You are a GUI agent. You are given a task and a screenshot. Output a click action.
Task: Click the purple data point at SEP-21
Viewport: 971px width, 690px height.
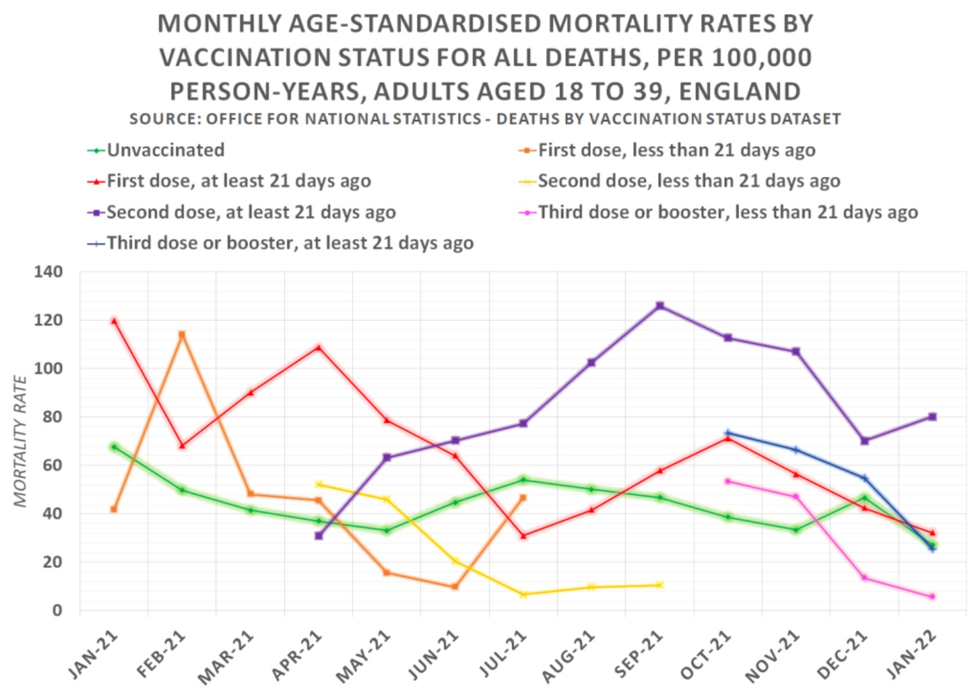660,306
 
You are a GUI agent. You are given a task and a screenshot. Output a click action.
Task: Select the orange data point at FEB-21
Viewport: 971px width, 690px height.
182,334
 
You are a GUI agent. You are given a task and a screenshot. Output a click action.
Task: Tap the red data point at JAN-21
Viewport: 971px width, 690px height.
114,321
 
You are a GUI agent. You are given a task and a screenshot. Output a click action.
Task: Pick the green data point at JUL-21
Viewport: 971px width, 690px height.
523,480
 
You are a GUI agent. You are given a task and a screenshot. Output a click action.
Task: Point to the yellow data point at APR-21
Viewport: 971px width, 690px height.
318,484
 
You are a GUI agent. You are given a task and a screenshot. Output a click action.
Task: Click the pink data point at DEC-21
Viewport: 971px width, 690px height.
864,578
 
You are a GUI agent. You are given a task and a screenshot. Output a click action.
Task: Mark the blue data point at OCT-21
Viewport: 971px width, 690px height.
728,433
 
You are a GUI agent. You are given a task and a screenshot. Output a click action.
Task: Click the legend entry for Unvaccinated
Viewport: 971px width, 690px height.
165,150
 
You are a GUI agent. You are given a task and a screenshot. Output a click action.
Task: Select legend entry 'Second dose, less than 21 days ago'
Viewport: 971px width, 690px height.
688,181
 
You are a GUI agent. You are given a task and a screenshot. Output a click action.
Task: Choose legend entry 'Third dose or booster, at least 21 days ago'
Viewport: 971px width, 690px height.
290,243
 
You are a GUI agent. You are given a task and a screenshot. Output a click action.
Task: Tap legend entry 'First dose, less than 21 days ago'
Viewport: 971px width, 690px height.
676,150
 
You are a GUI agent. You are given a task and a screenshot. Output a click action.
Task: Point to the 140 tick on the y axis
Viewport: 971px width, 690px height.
48,272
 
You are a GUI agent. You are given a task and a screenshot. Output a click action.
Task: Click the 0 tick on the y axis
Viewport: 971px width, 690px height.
57,610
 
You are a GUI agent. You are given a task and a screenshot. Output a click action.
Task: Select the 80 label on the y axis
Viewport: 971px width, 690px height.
52,417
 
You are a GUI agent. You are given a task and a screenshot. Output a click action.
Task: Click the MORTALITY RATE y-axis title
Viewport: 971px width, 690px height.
21,442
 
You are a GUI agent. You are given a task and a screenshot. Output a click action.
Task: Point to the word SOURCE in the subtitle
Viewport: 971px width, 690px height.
162,119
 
